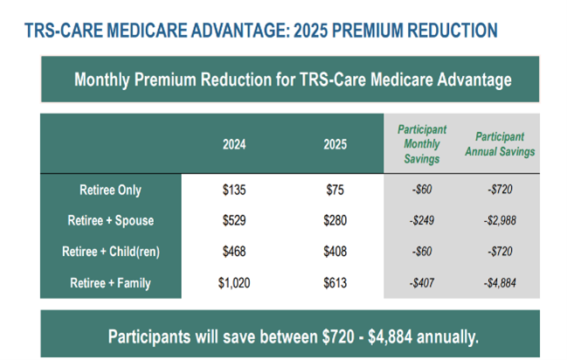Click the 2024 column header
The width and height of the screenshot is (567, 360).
[234, 143]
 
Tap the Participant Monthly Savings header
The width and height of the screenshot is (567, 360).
[422, 143]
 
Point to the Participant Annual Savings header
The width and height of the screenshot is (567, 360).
[500, 143]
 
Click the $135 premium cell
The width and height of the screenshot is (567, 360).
[234, 190]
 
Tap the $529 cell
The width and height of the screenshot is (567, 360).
[234, 220]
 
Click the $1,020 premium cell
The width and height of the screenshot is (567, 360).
[234, 281]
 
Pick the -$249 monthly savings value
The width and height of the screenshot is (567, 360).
[422, 220]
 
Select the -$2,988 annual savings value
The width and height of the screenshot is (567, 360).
[500, 220]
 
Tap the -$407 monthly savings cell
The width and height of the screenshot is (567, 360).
[422, 281]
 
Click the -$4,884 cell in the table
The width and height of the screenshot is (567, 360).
[500, 281]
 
